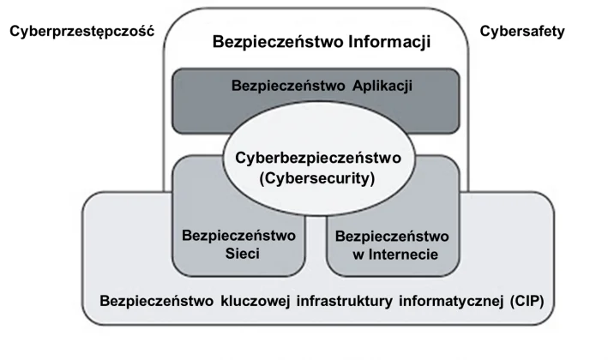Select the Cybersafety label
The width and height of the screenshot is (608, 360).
[522, 32]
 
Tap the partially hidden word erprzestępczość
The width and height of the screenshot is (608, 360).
[97, 32]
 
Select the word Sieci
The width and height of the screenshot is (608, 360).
[239, 253]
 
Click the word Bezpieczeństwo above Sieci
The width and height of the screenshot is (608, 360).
[239, 235]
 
